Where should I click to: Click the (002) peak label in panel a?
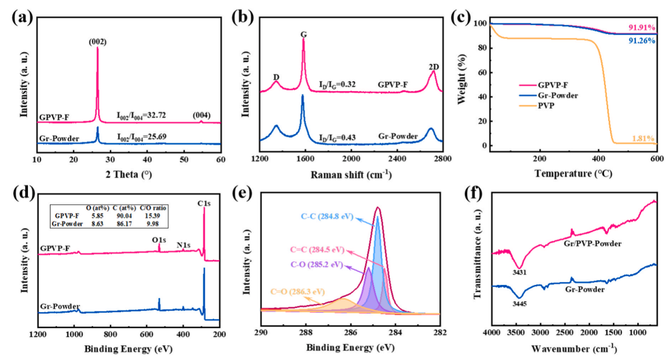(97, 42)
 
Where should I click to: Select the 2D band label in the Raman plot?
(434, 67)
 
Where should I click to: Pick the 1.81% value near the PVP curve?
(642, 140)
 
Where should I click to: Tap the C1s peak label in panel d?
(204, 204)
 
